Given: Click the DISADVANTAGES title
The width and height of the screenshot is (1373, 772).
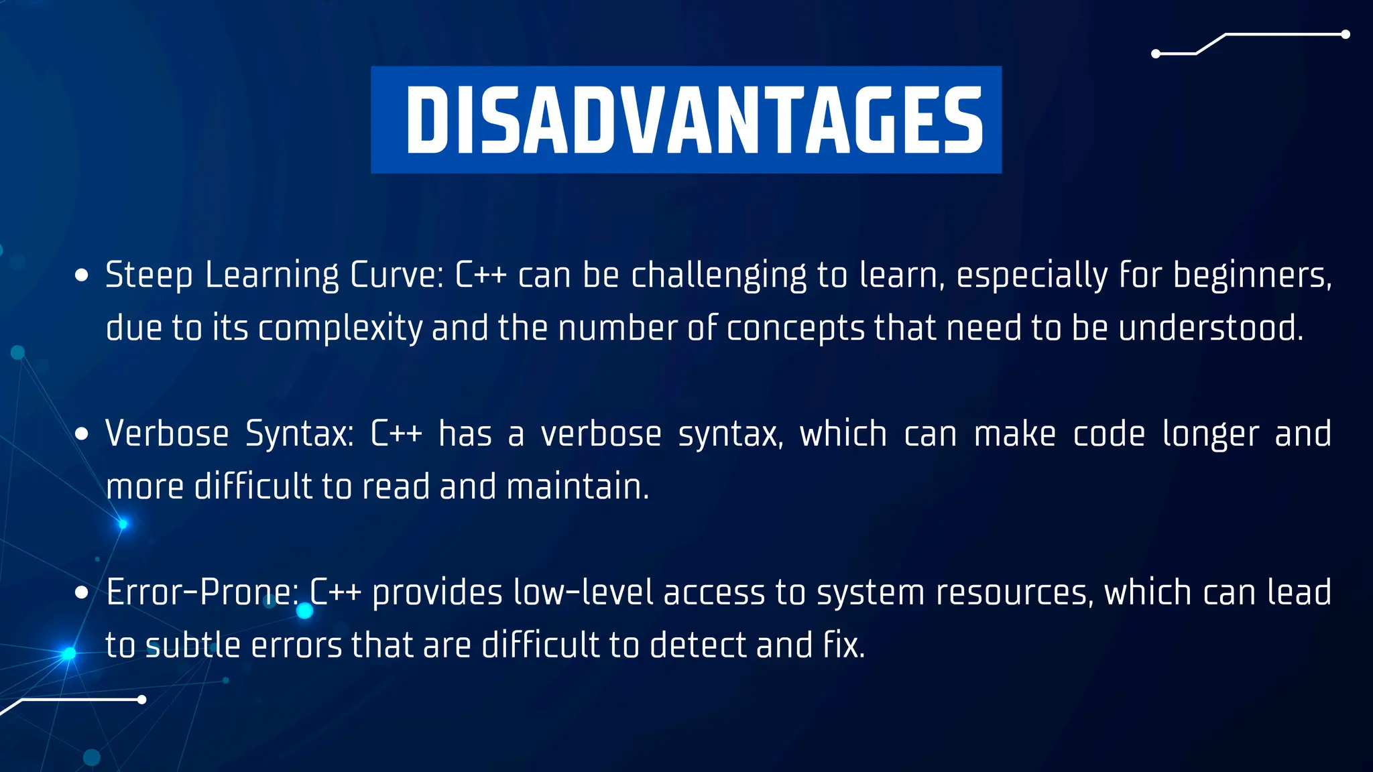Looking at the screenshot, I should tap(693, 121).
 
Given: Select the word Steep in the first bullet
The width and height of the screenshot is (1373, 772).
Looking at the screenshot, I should tap(149, 275).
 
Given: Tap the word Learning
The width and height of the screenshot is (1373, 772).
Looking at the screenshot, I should tap(272, 275).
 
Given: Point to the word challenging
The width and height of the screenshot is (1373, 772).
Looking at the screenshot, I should tap(719, 275).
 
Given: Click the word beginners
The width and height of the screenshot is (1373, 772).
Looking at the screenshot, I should tap(1251, 275).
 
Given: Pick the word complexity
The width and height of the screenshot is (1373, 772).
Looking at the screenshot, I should tap(340, 328).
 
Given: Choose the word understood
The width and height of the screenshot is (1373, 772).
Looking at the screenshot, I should tap(1211, 328).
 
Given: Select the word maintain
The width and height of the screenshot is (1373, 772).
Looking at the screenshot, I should tap(577, 487).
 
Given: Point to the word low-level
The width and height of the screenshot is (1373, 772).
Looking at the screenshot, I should tap(583, 592).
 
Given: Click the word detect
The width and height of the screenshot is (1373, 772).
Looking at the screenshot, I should tap(698, 645).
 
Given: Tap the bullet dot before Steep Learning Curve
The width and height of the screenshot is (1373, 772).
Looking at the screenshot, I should tap(82, 275).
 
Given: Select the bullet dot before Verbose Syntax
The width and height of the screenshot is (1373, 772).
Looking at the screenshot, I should tap(82, 434).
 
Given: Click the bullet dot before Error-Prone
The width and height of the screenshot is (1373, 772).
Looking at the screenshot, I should tap(82, 593).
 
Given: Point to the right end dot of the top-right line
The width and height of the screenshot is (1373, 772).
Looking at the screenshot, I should tap(1345, 35).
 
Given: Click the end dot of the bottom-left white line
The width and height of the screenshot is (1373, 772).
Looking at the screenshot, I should tap(141, 700).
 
